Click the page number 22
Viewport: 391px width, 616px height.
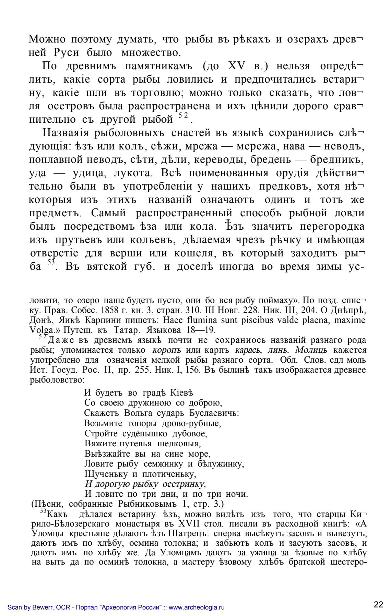click(x=378, y=604)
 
